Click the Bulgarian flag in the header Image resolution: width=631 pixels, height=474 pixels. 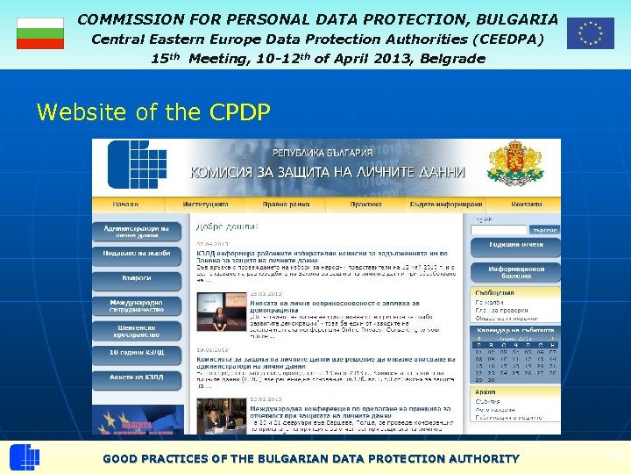coord(40,32)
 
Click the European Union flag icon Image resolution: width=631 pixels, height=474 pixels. coord(590,32)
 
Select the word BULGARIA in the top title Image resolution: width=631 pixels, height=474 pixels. coord(516,18)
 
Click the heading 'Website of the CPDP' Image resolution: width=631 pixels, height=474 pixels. coord(153,112)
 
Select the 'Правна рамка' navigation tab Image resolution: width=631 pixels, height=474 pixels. coord(288,205)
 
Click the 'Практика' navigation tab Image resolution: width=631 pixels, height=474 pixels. coord(365,205)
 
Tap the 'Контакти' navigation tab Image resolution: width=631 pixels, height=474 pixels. coord(527,205)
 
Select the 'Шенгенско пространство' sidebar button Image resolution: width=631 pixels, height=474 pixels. coord(137,331)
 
